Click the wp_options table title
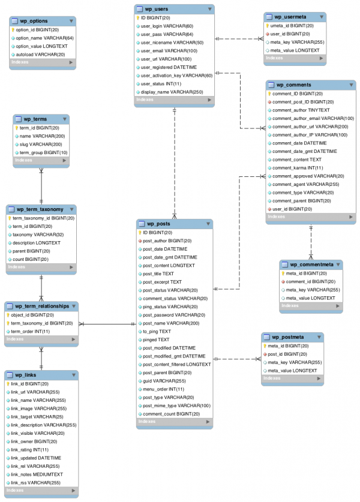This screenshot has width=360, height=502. tap(34, 20)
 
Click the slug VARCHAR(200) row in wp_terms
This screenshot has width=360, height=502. tap(41, 145)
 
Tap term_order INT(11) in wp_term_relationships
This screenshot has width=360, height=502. tap(30, 332)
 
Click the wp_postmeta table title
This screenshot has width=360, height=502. tap(289, 337)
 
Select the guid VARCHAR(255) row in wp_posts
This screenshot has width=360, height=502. tap(164, 381)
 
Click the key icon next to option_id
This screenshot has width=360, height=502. tap(13, 29)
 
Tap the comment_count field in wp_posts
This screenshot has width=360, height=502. tap(171, 414)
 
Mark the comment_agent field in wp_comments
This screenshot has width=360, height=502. tap(305, 184)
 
